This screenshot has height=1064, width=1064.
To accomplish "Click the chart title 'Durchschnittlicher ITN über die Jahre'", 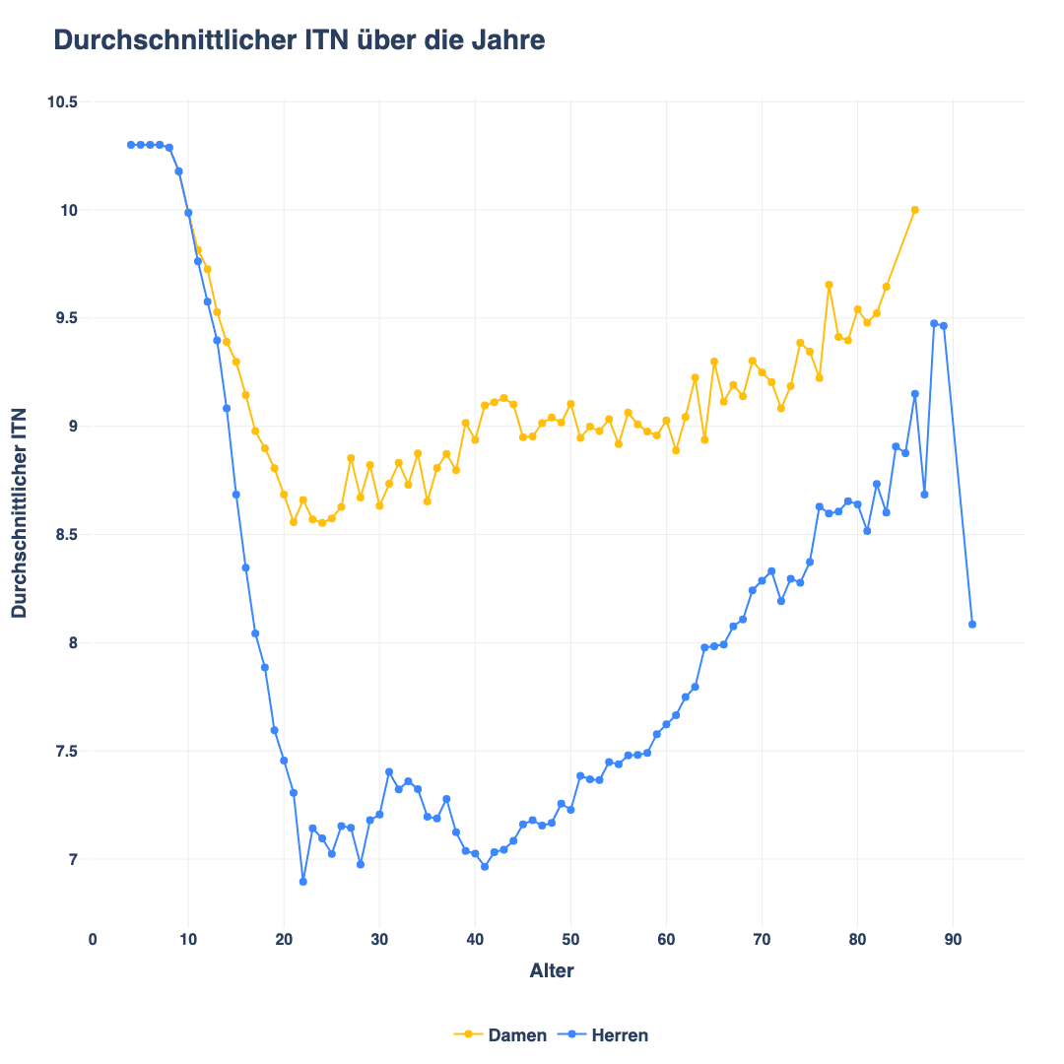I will (x=299, y=40).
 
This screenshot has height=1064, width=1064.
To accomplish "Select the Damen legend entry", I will (x=499, y=1035).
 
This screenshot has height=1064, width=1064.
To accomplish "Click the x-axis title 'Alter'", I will (x=552, y=971).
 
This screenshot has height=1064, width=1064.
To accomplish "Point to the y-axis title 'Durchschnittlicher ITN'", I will (x=20, y=513).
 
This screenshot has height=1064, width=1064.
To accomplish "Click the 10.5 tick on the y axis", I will (x=62, y=102).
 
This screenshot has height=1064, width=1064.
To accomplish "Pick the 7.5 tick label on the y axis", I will (x=66, y=752).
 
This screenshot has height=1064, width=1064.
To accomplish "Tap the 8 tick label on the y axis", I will (x=73, y=643).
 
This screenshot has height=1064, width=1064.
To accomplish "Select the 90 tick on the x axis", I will (x=953, y=940).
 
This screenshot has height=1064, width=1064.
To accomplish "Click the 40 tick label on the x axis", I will (x=475, y=940).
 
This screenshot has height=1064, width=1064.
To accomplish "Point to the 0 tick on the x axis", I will (x=93, y=940).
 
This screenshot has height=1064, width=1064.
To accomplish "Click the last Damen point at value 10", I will (x=914, y=210).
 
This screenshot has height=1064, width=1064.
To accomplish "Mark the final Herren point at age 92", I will (x=972, y=625).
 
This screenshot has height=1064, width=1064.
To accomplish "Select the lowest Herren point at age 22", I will (x=303, y=882).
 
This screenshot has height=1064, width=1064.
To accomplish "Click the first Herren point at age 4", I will (x=131, y=145).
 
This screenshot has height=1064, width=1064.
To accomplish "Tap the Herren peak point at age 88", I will (x=934, y=323).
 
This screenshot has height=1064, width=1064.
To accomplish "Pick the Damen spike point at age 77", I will (x=829, y=285).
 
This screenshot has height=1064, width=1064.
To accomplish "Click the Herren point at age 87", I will (x=924, y=495).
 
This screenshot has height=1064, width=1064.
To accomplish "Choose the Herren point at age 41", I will (x=485, y=867).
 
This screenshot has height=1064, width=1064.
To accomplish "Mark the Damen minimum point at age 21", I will (x=294, y=522).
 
